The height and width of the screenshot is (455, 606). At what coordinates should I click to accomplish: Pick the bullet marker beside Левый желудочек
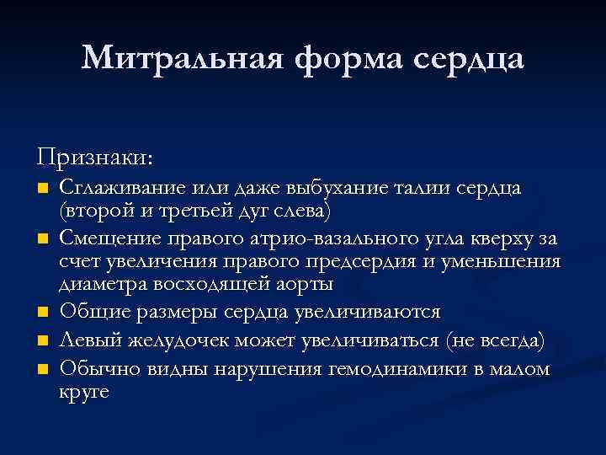tap(45, 341)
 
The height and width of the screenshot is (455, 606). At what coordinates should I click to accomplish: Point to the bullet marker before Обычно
tap(45, 369)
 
